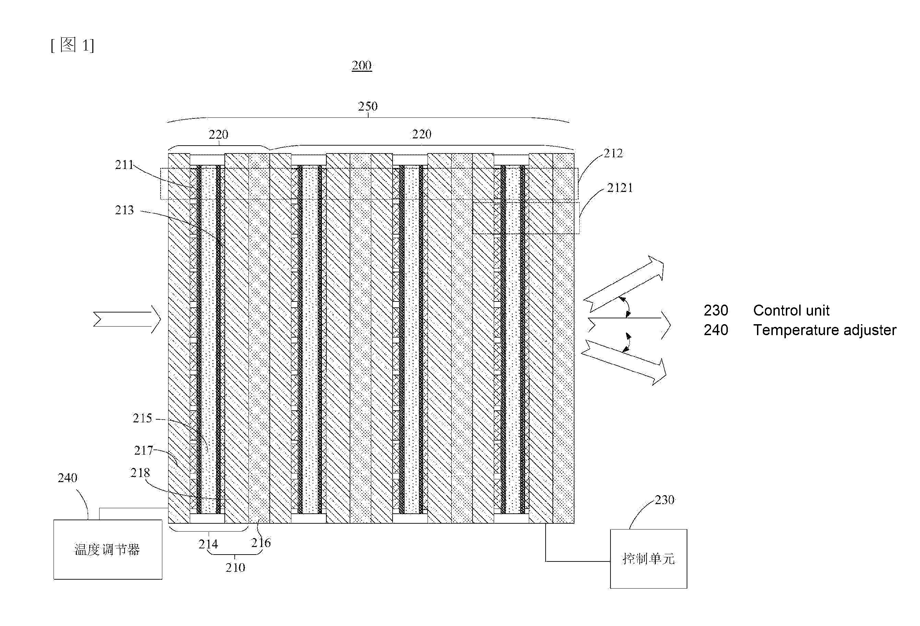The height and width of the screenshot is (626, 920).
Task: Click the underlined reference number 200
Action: (x=361, y=65)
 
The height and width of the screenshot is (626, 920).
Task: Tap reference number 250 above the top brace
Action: (x=368, y=106)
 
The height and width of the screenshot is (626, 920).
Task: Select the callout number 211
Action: (x=124, y=165)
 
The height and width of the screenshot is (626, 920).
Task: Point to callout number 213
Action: (x=124, y=210)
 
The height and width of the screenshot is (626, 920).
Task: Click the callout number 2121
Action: (x=620, y=188)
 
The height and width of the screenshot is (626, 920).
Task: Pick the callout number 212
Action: (x=613, y=153)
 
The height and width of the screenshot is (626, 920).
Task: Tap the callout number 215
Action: (x=142, y=418)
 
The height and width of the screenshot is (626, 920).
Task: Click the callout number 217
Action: (x=143, y=451)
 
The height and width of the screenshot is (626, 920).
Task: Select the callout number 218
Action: (x=140, y=473)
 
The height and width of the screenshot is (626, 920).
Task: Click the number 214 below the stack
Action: (x=208, y=544)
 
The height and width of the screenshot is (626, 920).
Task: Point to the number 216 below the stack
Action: (x=261, y=543)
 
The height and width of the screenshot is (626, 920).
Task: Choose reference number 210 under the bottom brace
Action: (x=235, y=567)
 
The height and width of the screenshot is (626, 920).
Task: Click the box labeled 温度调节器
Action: (x=108, y=549)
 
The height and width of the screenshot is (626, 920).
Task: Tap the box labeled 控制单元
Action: (x=649, y=559)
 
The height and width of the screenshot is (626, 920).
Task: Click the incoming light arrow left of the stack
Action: (x=127, y=319)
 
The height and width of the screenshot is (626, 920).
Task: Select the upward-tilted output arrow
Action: (x=624, y=284)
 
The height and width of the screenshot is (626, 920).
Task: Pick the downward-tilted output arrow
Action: (x=624, y=362)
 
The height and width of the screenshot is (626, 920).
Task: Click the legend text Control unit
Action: (x=791, y=310)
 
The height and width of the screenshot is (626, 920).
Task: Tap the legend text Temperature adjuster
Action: (x=825, y=330)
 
